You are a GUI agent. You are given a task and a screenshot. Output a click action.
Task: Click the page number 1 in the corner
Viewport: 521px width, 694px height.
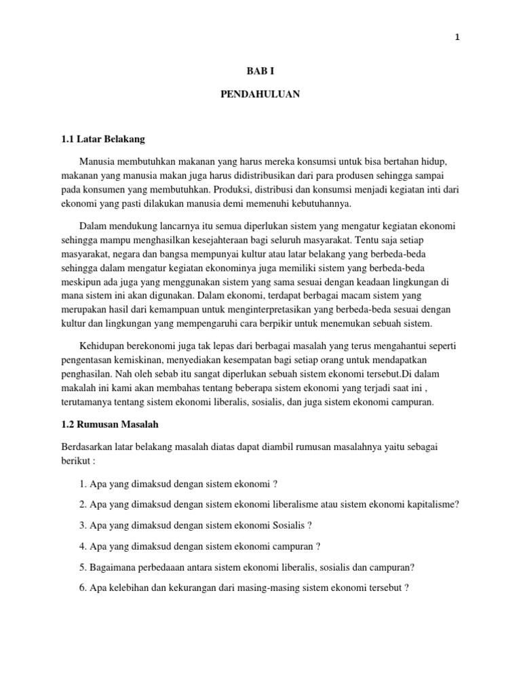[457, 38]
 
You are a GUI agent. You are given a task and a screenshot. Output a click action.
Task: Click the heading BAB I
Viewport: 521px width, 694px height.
[260, 70]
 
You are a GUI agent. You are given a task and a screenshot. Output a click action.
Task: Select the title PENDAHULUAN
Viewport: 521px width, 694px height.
[260, 95]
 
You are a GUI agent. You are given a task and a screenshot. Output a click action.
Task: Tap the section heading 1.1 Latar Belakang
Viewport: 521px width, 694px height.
[103, 140]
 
